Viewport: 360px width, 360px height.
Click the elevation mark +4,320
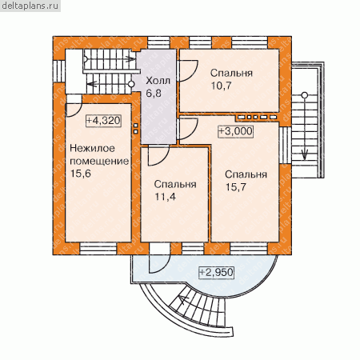click(x=103, y=121)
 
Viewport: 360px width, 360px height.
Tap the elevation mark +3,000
click(x=235, y=131)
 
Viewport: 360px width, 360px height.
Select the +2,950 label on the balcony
click(x=216, y=273)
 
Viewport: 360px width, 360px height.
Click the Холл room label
click(x=158, y=80)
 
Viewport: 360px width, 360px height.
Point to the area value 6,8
click(x=154, y=94)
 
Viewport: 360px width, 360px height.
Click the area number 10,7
click(x=222, y=86)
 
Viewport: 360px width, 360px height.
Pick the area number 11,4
click(x=166, y=197)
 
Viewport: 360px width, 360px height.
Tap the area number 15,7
click(x=236, y=187)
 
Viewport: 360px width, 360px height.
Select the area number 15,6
click(x=81, y=174)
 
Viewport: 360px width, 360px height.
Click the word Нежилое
click(x=92, y=148)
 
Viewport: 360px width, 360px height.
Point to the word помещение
click(x=99, y=162)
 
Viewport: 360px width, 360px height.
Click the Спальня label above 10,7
click(x=231, y=73)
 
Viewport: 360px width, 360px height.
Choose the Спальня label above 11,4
click(x=175, y=184)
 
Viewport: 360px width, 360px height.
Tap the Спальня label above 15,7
click(x=246, y=174)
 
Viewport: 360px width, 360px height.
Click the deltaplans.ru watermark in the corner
click(x=30, y=6)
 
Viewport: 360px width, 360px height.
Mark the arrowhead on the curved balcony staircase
click(x=183, y=300)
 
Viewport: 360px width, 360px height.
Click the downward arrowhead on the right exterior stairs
click(x=305, y=154)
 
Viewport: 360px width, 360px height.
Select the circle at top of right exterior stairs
click(x=305, y=95)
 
